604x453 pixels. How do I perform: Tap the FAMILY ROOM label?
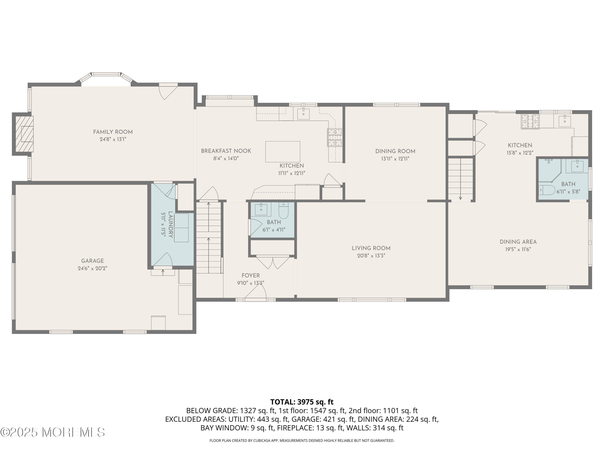click(113, 132)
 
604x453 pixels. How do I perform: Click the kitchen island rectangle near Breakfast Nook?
click(283, 152)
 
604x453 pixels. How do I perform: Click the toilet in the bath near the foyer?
click(283, 211)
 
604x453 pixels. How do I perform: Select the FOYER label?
click(250, 275)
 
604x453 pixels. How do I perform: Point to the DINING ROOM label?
click(395, 151)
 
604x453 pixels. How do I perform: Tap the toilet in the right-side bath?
click(547, 190)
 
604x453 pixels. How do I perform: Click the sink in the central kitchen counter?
click(303, 113)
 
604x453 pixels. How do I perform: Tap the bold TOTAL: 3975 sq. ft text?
click(302, 402)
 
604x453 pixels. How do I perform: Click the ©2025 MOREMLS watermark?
click(52, 432)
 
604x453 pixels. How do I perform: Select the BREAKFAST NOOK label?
click(226, 151)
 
